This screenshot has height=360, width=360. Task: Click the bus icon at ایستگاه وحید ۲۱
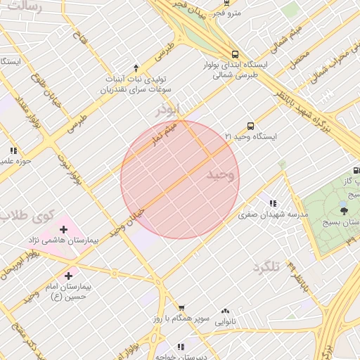(251, 126)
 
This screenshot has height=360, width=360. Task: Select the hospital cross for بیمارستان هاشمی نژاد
(64, 229)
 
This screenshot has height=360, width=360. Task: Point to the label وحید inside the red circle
(220, 174)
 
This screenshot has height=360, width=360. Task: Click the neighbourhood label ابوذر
(169, 110)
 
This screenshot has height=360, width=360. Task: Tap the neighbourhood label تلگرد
(266, 266)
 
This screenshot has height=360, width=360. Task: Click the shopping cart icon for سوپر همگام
(181, 308)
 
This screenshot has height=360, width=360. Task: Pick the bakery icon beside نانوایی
(226, 311)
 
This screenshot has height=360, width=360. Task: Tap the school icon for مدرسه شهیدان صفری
(272, 204)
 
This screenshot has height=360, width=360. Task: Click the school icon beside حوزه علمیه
(13, 150)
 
